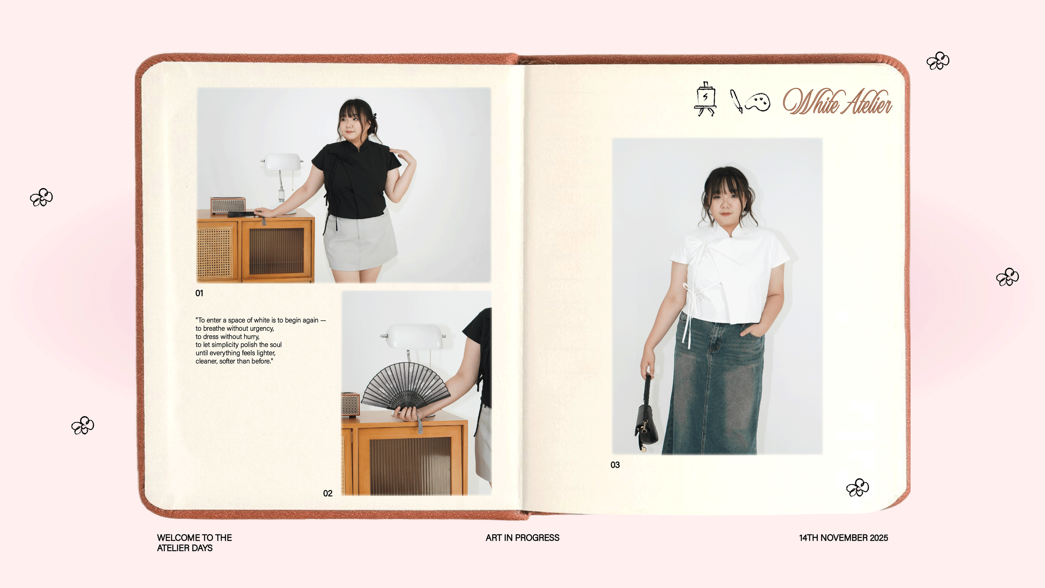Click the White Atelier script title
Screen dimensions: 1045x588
point(837,101)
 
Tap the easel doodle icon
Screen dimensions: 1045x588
point(705,99)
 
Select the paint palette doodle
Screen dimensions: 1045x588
point(757,102)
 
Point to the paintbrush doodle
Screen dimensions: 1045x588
point(736,101)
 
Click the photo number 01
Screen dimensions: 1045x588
point(199,293)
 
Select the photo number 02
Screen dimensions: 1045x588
point(328,493)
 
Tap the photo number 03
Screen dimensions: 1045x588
point(615,465)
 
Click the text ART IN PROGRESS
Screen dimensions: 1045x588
point(522,538)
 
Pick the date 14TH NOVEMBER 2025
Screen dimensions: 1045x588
point(843,538)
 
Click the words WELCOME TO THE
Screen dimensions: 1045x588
point(194,538)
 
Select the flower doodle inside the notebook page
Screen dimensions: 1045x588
point(858,487)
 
